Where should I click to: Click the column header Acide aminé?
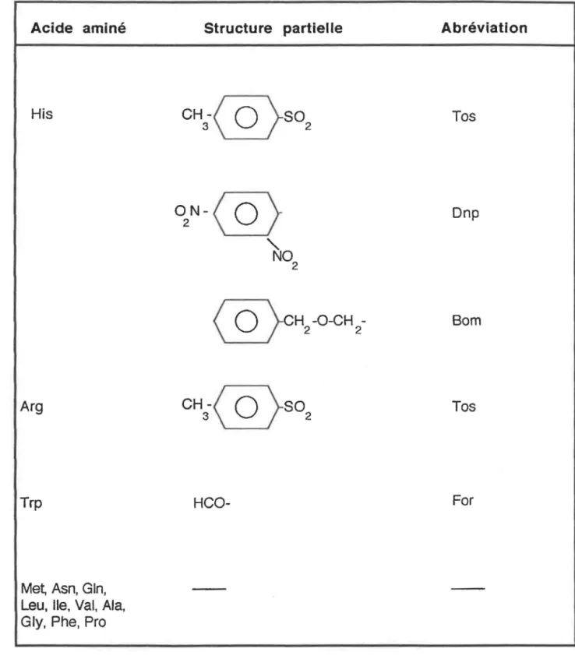[x=78, y=28]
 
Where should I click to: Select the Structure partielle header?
[x=273, y=28]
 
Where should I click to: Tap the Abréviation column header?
[x=484, y=28]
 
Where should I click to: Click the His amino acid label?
[x=41, y=114]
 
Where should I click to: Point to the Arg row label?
[x=31, y=407]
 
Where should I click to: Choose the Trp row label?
[x=31, y=503]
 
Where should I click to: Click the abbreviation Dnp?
[x=465, y=213]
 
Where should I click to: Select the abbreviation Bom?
[x=466, y=321]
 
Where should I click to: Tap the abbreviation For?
[x=463, y=500]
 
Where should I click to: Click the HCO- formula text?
[x=211, y=503]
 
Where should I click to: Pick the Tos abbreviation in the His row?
[x=464, y=116]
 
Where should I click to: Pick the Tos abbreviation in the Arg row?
[x=464, y=407]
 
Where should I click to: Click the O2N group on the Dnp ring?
[x=189, y=215]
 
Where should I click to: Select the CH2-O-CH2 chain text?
[x=323, y=323]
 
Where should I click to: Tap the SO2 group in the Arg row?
[x=297, y=410]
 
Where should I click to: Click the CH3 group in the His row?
[x=195, y=118]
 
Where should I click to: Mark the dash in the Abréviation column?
[x=467, y=588]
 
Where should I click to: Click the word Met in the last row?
[x=34, y=588]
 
